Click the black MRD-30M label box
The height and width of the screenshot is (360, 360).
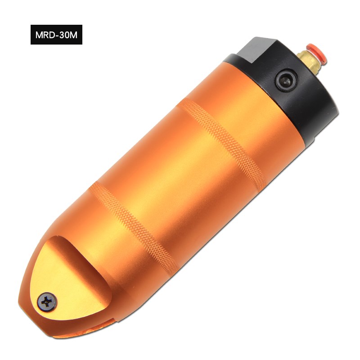pos(57,35)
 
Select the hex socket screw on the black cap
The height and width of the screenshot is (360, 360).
pos(286,81)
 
